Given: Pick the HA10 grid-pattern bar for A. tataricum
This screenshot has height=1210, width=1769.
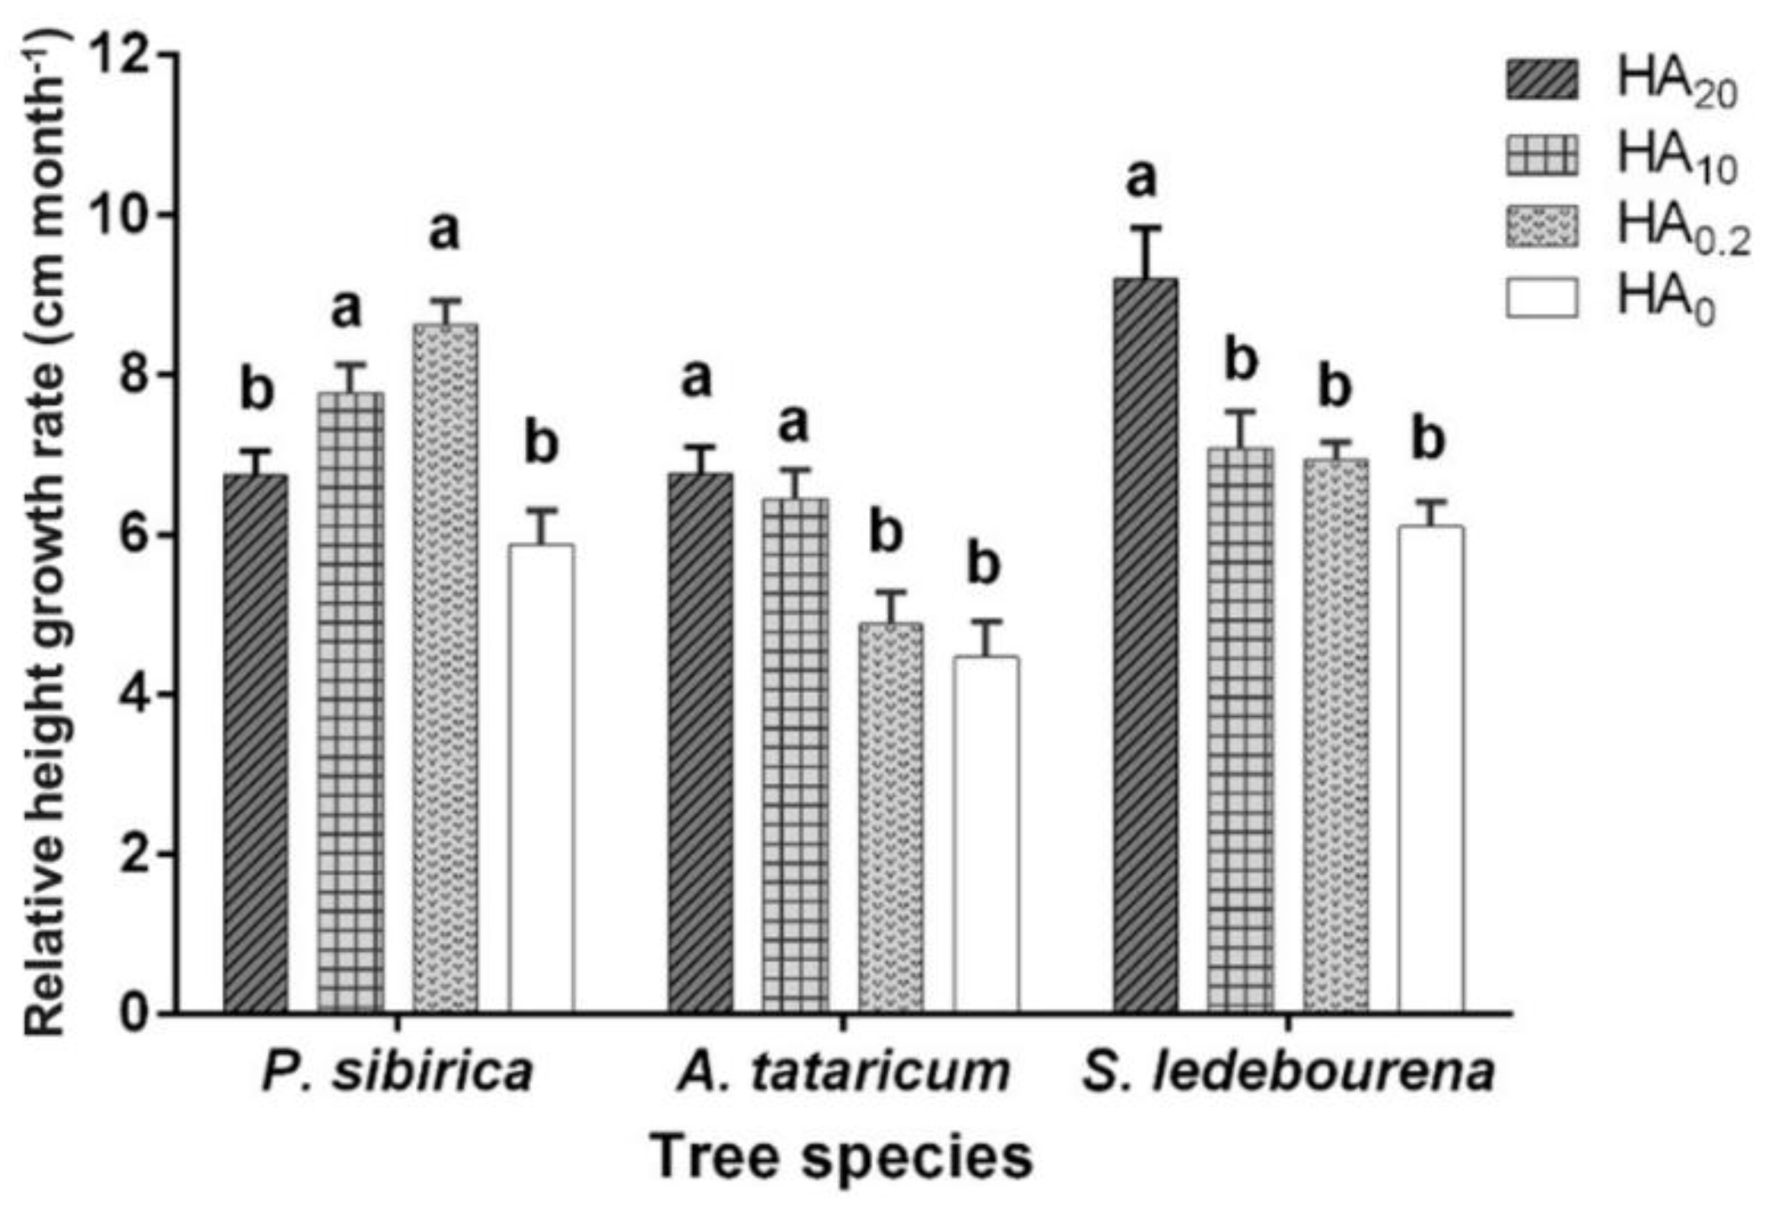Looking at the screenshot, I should pos(795,755).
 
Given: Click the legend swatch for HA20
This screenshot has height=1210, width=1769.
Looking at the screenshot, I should pos(1542,80).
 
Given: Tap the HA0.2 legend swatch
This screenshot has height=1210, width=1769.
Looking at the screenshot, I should pos(1542,227).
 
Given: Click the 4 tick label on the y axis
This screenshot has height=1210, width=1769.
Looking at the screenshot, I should pos(138,694).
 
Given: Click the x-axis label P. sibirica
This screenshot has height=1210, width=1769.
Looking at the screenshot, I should pos(397,1072).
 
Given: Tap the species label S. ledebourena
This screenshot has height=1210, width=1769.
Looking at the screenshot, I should pos(1288,1072).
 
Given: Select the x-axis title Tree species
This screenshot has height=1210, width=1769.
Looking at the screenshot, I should pos(841,1157).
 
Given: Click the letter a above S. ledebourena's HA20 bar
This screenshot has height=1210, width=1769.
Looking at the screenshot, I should pos(1142,178).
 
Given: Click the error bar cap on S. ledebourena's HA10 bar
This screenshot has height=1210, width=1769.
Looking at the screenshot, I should pos(1240,411).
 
